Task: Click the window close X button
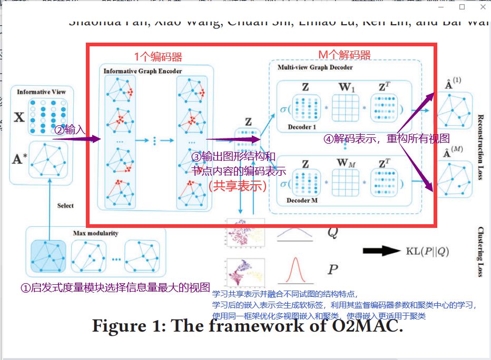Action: (x=483, y=7)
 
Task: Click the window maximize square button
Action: (x=462, y=7)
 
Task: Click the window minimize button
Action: (x=441, y=7)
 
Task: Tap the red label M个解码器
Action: (x=345, y=55)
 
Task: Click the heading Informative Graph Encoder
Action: (x=143, y=71)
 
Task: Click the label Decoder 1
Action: (x=302, y=127)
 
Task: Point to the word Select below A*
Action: (x=65, y=205)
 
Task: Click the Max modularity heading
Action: (x=95, y=233)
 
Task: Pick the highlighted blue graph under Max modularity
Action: (x=48, y=256)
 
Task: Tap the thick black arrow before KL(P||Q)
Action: (x=381, y=251)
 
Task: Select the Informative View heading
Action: (x=41, y=92)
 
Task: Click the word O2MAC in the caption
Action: (x=366, y=326)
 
